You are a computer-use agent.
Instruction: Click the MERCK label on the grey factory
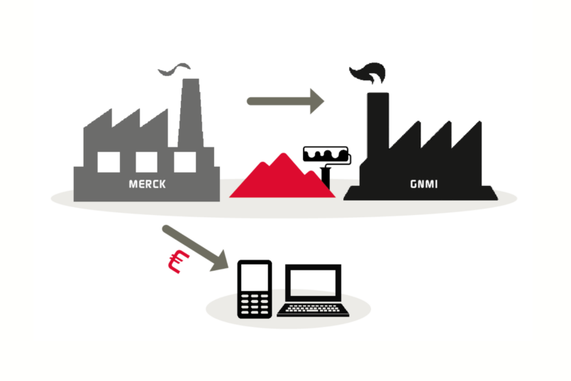coord(148,184)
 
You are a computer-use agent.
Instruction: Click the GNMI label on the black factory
coord(424,184)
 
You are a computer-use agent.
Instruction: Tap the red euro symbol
coord(179,261)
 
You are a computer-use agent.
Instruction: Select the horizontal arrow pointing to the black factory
coord(285,101)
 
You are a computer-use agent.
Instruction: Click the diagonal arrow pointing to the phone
coord(195,248)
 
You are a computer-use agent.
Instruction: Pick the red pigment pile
coord(282,175)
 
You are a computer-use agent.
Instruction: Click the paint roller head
coord(326,154)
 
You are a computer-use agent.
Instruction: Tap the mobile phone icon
coord(255,289)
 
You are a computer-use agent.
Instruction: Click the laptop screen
coord(314,282)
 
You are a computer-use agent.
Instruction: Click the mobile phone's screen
coord(255,277)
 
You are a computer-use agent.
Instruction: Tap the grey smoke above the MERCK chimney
coord(174,70)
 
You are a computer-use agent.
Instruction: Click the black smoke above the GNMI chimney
coord(368,73)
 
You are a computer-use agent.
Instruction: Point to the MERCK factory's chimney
coord(191,113)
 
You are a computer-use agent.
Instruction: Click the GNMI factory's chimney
coord(378,120)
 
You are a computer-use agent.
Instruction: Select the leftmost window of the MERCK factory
coord(109,162)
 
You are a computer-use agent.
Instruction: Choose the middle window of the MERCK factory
coord(146,162)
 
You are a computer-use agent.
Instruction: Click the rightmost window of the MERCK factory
coord(185,162)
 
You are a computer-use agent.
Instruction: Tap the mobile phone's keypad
coord(255,304)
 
